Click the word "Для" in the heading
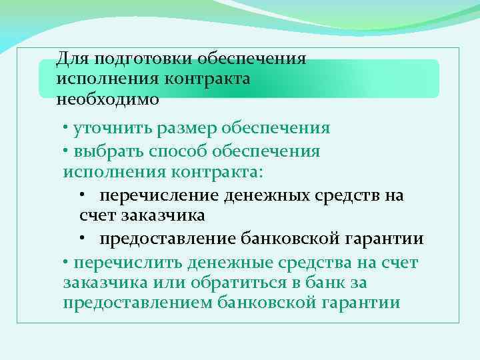pos(71,59)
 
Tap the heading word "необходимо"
pos(108,99)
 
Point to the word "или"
pos(159,283)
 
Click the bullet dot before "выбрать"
pos(66,150)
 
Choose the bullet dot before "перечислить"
pos(66,261)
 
